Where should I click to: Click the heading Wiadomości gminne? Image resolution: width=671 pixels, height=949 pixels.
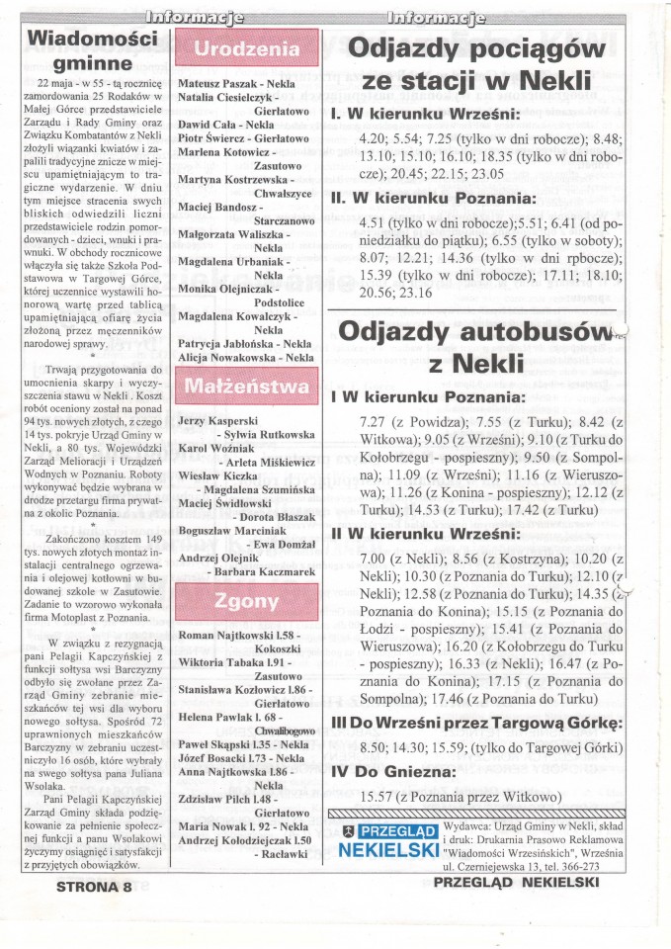pyautogui.click(x=93, y=49)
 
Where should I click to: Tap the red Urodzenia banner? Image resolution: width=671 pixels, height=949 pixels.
pyautogui.click(x=247, y=49)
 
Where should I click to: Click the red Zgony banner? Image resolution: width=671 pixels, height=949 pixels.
pyautogui.click(x=247, y=601)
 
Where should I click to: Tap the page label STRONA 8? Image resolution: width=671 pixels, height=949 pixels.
pyautogui.click(x=88, y=887)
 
